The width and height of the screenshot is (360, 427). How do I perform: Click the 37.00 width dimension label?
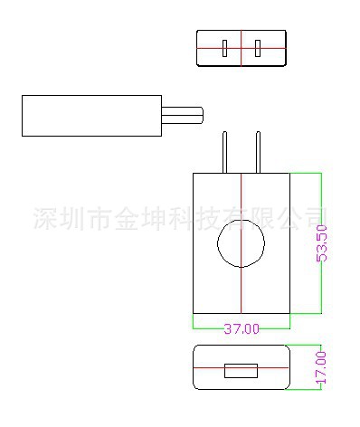(242, 328)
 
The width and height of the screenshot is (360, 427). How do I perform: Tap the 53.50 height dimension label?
(322, 243)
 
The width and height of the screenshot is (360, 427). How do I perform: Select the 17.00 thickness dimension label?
(322, 367)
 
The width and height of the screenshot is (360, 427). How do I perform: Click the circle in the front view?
(242, 244)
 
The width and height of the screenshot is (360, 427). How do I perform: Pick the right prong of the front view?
(260, 152)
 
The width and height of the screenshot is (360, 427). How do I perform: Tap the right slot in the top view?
(259, 48)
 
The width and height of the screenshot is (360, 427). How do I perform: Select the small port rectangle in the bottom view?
(242, 369)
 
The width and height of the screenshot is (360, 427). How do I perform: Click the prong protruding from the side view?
(182, 115)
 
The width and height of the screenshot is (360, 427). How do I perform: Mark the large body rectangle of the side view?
(90, 115)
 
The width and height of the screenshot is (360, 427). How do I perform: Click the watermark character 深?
(43, 218)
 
